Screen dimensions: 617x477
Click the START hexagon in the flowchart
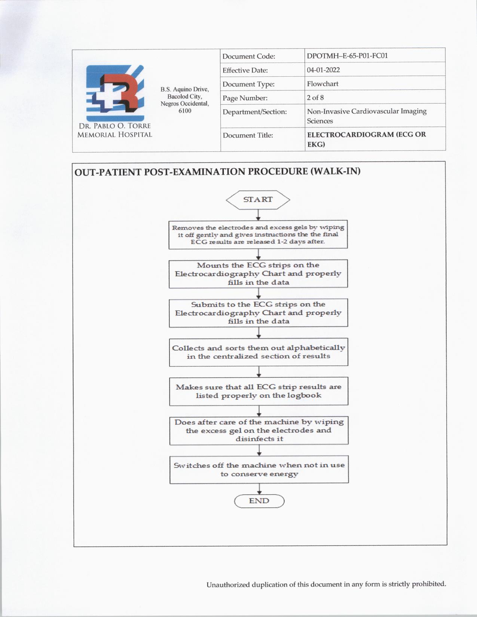[x=258, y=200]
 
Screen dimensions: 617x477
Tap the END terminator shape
[x=259, y=501]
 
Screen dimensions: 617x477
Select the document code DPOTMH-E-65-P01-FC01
[x=347, y=56]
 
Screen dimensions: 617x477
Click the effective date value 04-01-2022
[x=323, y=70]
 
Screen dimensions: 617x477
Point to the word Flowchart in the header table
[x=322, y=84]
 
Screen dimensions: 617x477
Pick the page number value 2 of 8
[x=315, y=98]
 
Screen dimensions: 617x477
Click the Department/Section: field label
[x=254, y=112]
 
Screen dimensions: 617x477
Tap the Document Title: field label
[x=248, y=135]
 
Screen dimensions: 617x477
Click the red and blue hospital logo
[x=115, y=93]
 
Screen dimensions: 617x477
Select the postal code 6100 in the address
[x=185, y=111]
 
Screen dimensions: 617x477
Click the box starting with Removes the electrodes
[x=258, y=234]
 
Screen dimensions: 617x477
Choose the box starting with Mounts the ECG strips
[x=258, y=274]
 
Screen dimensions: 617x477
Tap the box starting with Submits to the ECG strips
[x=258, y=313]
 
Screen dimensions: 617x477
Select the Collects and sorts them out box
[x=259, y=352]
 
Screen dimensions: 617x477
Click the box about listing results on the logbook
[x=259, y=391]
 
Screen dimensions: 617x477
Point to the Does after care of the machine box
[x=259, y=430]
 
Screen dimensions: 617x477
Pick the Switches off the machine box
[x=259, y=470]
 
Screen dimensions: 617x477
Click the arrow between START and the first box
[x=258, y=215]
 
